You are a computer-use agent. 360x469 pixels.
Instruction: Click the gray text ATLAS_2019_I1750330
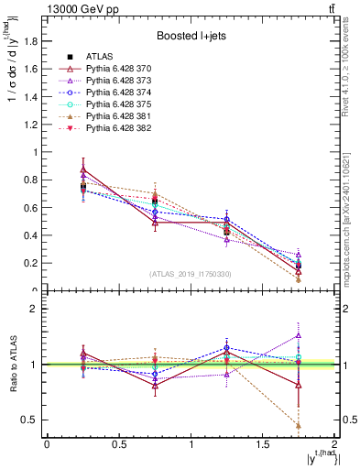tap(191, 274)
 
